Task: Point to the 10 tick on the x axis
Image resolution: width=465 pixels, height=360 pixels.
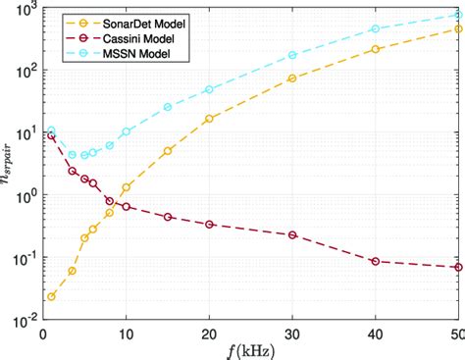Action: point(126,332)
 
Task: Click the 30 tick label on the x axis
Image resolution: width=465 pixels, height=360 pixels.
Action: point(292,332)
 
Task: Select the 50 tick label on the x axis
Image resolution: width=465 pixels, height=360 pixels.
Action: point(457,332)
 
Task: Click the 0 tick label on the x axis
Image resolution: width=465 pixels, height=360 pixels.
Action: point(43,332)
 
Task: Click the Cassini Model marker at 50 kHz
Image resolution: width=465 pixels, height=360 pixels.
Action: point(458,267)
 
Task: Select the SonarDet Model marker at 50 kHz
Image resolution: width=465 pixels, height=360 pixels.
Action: point(458,29)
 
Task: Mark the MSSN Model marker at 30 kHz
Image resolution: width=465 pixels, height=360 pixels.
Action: point(292,56)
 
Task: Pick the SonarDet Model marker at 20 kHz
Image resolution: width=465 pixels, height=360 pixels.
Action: point(209,119)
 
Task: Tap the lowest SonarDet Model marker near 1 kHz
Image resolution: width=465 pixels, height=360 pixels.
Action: point(51,296)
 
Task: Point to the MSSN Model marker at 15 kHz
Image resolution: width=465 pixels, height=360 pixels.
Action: point(168,107)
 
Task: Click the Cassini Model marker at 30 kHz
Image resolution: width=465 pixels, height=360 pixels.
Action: point(292,235)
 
